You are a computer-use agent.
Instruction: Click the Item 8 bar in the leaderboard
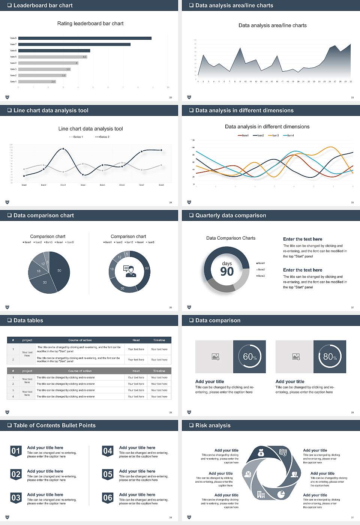tap(85, 38)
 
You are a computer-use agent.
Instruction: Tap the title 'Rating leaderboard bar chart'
tap(90, 23)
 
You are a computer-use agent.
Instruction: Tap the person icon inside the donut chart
tap(129, 271)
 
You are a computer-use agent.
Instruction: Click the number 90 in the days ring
tap(227, 271)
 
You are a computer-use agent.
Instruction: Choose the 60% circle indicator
tap(249, 357)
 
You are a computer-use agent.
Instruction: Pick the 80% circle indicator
tap(330, 357)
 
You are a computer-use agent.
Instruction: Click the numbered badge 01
tap(16, 451)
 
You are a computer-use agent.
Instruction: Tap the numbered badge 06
tap(108, 498)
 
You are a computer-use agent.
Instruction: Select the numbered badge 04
tap(108, 451)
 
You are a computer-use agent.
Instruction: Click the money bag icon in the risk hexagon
tap(261, 453)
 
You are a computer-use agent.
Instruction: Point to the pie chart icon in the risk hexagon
tap(281, 495)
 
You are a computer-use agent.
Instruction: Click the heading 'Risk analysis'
tap(213, 425)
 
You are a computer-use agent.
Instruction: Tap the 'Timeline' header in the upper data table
tap(159, 340)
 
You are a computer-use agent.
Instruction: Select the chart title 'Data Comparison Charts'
tap(231, 238)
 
